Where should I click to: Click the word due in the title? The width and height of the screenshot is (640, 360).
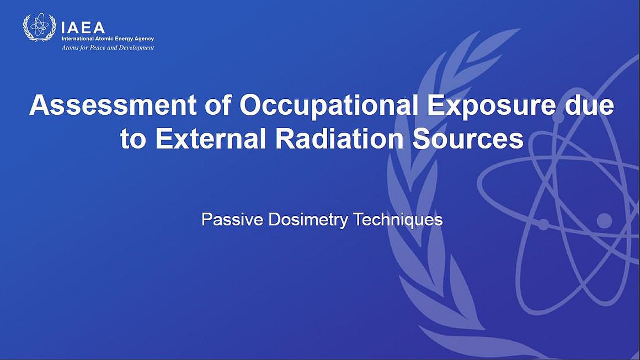point(589,105)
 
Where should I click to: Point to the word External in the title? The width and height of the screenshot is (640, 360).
point(210,139)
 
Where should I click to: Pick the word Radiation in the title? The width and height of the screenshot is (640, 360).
point(340,139)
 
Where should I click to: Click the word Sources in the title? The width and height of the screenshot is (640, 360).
point(468,139)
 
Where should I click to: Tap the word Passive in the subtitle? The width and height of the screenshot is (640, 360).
point(232,219)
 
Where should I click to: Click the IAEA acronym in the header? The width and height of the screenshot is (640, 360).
point(83,28)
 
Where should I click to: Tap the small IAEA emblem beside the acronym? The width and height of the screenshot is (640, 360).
point(40,27)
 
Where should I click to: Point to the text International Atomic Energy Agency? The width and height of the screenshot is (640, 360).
point(108,39)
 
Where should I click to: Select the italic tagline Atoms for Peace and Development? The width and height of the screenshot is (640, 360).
point(108,48)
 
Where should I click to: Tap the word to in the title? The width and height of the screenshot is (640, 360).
point(133,140)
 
